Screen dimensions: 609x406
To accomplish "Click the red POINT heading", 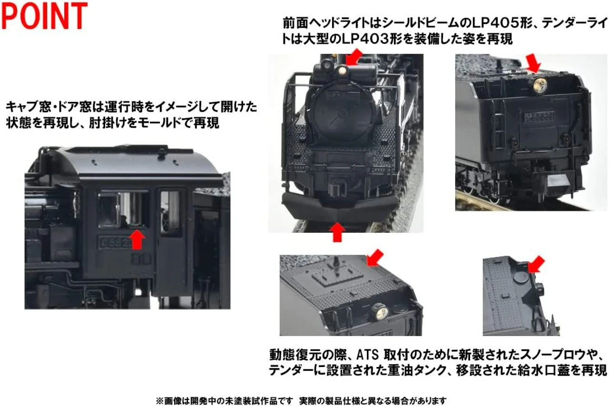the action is click(44, 16).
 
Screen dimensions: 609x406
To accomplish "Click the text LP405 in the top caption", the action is click(501, 23).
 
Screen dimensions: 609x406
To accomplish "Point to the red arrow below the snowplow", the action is click(337, 232).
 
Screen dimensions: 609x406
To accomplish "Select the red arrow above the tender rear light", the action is click(533, 63).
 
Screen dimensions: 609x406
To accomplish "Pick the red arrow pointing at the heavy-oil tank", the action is click(375, 258).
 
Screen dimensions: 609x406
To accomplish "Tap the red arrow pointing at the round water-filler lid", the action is click(536, 265).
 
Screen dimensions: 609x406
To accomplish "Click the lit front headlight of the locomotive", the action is click(342, 71).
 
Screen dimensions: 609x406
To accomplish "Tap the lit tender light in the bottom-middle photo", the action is click(380, 312).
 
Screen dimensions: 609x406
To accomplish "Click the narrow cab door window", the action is click(170, 212).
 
